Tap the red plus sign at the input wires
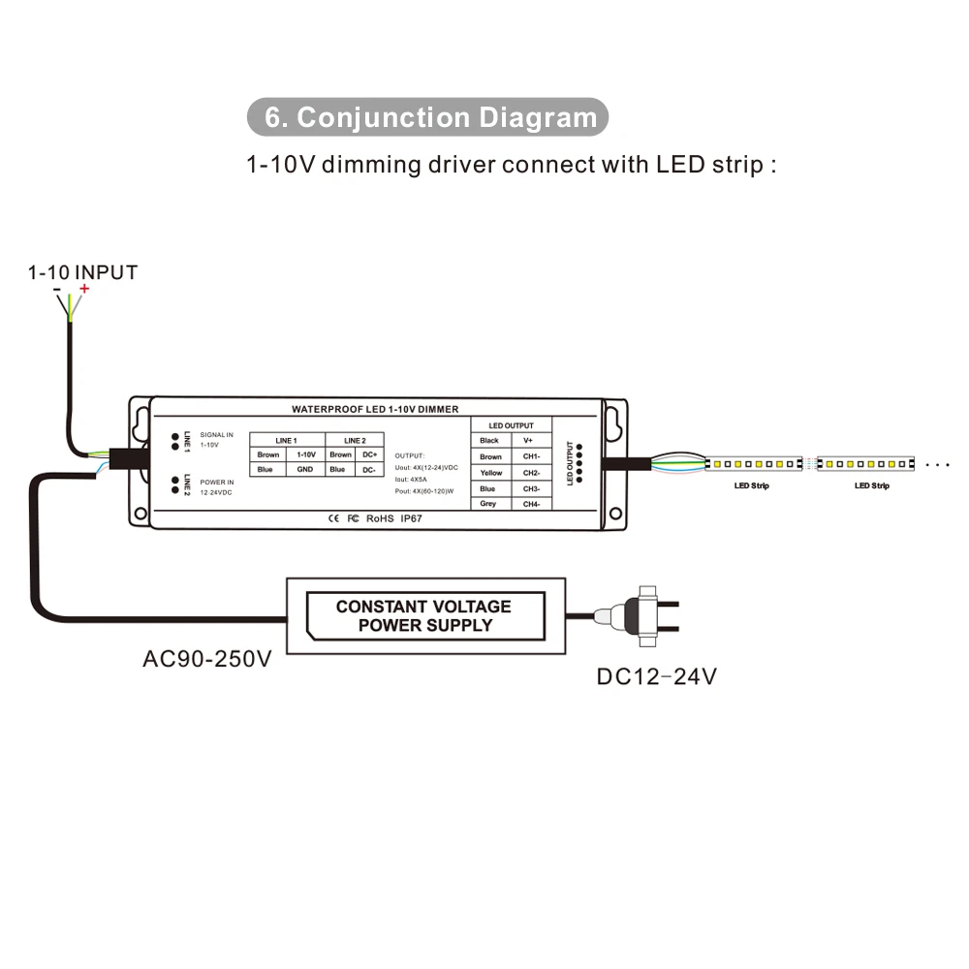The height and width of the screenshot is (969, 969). click(84, 289)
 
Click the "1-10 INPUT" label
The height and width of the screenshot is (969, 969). click(82, 272)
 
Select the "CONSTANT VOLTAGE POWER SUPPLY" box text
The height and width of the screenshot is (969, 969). click(423, 615)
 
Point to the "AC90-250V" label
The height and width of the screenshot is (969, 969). click(206, 660)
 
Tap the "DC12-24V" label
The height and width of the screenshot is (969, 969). click(657, 676)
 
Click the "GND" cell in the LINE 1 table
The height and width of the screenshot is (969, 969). click(305, 470)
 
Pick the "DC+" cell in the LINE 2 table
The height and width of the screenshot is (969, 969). click(369, 454)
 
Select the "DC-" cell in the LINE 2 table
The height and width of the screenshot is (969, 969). click(369, 470)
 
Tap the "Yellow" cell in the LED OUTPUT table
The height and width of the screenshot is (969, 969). click(490, 473)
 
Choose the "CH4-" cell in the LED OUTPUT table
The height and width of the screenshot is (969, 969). click(530, 504)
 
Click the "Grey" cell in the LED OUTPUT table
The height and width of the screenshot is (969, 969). click(488, 504)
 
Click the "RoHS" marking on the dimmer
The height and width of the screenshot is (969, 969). click(380, 518)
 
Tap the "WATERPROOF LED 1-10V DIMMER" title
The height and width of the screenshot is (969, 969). click(375, 410)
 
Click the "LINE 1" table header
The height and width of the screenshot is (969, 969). click(286, 440)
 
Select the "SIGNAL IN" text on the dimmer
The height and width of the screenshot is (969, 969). click(217, 435)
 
